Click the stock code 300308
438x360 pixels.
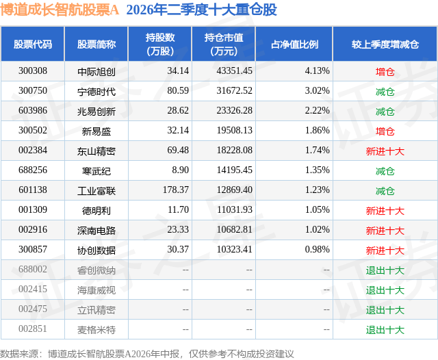[33, 71]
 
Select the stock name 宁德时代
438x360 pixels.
[96, 91]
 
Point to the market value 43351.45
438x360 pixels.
[234, 71]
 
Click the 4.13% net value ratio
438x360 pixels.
[317, 71]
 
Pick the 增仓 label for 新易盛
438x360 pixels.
[385, 131]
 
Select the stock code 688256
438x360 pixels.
[33, 170]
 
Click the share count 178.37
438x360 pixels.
[176, 190]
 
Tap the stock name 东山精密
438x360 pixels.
[96, 151]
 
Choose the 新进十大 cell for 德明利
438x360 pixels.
[385, 210]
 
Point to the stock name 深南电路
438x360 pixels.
[96, 230]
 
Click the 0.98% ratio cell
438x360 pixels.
[317, 249]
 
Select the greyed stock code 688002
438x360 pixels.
[33, 269]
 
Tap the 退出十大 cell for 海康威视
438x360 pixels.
[385, 290]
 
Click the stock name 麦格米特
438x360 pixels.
[96, 329]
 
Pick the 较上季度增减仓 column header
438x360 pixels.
[385, 44]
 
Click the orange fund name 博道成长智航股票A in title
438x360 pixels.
[60, 10]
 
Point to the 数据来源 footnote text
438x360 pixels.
[147, 354]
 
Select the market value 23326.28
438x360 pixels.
[234, 111]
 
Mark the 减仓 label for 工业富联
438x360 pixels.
[385, 190]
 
